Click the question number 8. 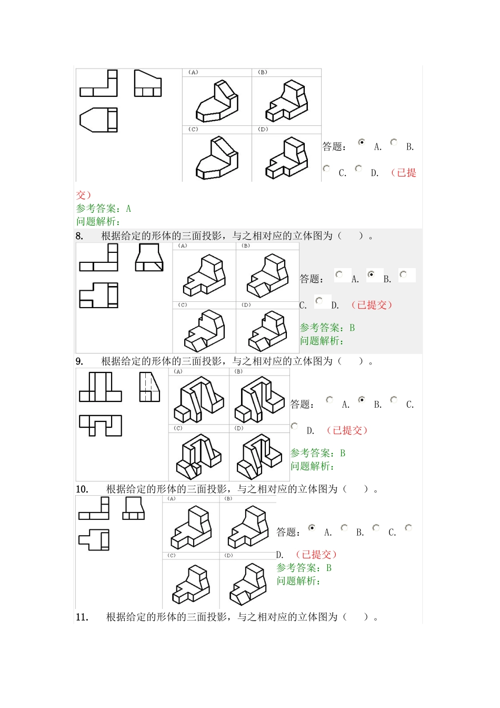coord(79,236)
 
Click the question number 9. coord(79,361)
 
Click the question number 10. coord(82,489)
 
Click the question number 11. coord(82,617)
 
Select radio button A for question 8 coord(339,274)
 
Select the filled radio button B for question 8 coord(372,274)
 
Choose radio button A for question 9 coord(330,400)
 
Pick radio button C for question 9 coord(394,400)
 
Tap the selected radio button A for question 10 coord(312,527)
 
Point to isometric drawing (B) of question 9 coord(259,399)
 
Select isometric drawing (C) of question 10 coord(191,584)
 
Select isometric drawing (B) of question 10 coord(248,527)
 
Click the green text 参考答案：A coord(104,209)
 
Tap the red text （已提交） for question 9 coord(347,430)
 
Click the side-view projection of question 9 coord(149,387)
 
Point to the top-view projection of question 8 coord(99,295)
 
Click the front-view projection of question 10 coord(94,509)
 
